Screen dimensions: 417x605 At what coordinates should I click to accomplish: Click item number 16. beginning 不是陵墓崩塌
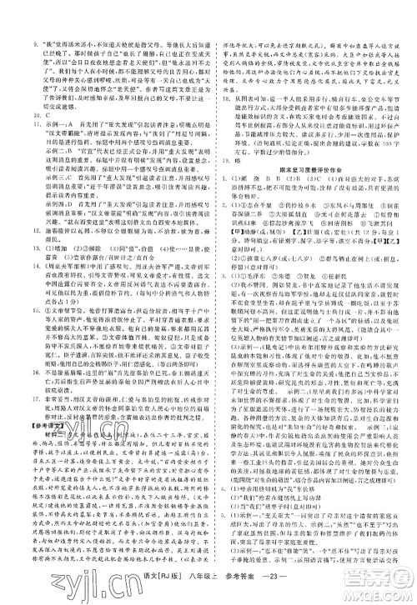point(13,352)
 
